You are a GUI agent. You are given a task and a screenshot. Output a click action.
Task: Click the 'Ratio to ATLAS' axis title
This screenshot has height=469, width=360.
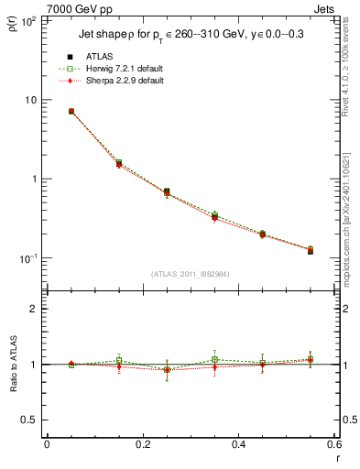[x=13, y=365]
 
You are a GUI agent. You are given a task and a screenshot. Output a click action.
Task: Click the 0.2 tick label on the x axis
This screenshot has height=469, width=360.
[x=142, y=444]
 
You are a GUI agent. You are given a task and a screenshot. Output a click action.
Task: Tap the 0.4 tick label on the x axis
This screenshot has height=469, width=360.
[x=238, y=444]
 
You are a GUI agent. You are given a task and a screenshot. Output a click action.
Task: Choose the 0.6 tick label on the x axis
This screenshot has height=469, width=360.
[x=333, y=444]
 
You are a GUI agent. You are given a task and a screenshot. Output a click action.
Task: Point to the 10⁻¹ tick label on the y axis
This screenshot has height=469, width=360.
[x=27, y=258]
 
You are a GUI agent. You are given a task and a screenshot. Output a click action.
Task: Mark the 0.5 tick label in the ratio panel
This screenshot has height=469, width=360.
[x=29, y=420]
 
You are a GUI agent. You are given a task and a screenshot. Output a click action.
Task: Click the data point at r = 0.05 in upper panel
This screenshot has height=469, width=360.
[x=71, y=112]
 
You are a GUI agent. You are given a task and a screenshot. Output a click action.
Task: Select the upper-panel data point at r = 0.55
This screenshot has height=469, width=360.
[x=311, y=250]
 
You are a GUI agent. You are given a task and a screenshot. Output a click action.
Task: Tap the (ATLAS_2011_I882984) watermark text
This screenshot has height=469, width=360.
[x=190, y=273]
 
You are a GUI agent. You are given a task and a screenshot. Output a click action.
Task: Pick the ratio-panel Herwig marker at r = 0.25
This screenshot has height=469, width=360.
[x=167, y=370]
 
